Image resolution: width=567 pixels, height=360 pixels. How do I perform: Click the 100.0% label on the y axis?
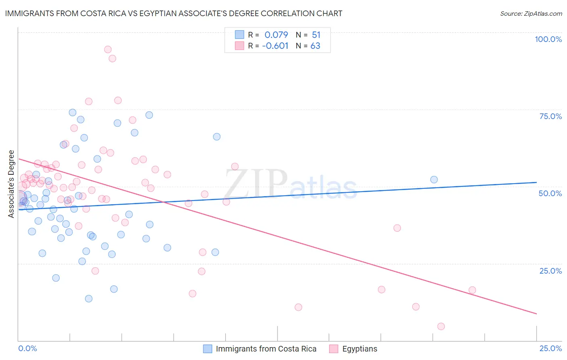tap(548, 39)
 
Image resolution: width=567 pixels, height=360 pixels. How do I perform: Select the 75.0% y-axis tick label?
tap(550, 116)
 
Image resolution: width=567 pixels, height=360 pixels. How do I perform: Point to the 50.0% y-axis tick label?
tap(550, 193)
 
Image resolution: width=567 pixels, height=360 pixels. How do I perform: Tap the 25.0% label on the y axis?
tap(550, 270)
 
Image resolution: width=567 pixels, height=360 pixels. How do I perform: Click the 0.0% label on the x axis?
tap(27, 348)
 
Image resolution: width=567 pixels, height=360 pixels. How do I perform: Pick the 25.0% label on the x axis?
tap(550, 348)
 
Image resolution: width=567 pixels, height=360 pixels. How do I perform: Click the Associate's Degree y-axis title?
tap(11, 184)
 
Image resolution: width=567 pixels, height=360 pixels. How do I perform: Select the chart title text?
tap(173, 13)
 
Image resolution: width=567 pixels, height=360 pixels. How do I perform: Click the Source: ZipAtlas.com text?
tap(531, 14)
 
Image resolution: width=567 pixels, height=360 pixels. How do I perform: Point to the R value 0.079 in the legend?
tap(276, 35)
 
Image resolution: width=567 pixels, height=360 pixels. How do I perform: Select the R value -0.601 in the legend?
tap(275, 46)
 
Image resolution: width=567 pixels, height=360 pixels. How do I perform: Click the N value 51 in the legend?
tap(316, 35)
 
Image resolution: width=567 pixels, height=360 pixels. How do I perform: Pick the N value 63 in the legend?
tap(315, 46)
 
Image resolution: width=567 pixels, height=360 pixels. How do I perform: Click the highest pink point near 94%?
tap(108, 50)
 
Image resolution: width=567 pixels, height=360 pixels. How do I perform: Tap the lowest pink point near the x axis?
tap(441, 327)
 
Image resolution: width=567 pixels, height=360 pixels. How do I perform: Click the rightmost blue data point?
tap(434, 180)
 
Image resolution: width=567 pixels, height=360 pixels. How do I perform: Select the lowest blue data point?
tap(89, 299)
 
